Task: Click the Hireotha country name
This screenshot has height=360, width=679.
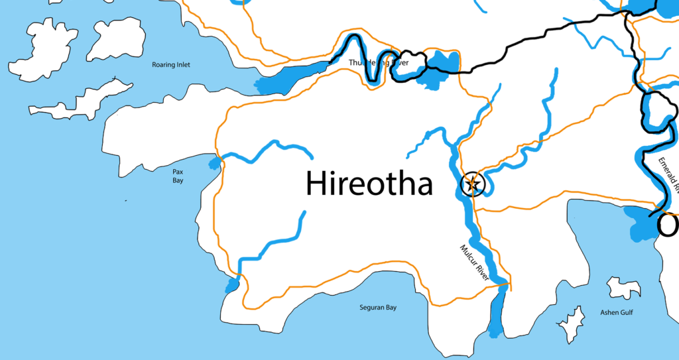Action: click(369, 184)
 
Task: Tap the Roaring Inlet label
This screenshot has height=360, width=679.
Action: click(171, 65)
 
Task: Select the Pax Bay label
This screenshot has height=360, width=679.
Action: click(178, 176)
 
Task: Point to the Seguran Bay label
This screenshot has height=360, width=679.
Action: click(378, 308)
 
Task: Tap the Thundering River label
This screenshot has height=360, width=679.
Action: click(378, 63)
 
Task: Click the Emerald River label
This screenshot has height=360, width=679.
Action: click(669, 174)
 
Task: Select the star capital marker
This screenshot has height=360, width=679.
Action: click(473, 184)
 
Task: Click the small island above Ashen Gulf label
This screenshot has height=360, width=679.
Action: click(623, 288)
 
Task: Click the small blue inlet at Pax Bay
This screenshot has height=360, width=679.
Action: click(214, 163)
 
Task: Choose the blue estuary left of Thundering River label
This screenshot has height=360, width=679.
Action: click(292, 76)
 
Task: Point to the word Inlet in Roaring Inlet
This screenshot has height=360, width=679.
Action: click(182, 65)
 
